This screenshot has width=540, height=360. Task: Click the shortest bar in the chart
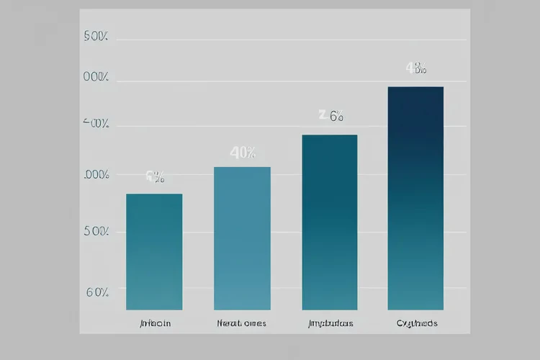pyautogui.click(x=154, y=252)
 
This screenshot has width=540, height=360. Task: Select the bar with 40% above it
pyautogui.click(x=242, y=238)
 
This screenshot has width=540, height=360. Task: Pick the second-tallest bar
pyautogui.click(x=329, y=222)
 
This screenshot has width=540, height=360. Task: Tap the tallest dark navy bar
pyautogui.click(x=415, y=198)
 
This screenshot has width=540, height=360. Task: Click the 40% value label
pyautogui.click(x=242, y=153)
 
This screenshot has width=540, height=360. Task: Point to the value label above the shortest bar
pyautogui.click(x=155, y=176)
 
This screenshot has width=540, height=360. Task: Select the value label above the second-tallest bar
pyautogui.click(x=331, y=115)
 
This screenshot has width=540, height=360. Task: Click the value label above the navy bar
pyautogui.click(x=416, y=69)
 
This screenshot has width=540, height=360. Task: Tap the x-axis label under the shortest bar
pyautogui.click(x=155, y=323)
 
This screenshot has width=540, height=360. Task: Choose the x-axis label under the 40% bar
pyautogui.click(x=241, y=323)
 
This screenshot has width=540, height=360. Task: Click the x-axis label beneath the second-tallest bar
pyautogui.click(x=330, y=323)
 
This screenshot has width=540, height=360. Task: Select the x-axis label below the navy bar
pyautogui.click(x=417, y=323)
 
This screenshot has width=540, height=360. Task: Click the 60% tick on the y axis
pyautogui.click(x=97, y=292)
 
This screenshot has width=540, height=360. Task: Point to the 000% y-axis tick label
pyautogui.click(x=96, y=78)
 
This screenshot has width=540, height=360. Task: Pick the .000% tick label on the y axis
pyautogui.click(x=96, y=175)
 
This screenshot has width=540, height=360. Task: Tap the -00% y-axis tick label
pyautogui.click(x=96, y=124)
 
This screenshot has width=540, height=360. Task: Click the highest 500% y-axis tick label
pyautogui.click(x=96, y=37)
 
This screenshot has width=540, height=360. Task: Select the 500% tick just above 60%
pyautogui.click(x=96, y=231)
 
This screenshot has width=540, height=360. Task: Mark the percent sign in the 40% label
pyautogui.click(x=250, y=153)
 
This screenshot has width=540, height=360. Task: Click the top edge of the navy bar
pyautogui.click(x=415, y=87)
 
